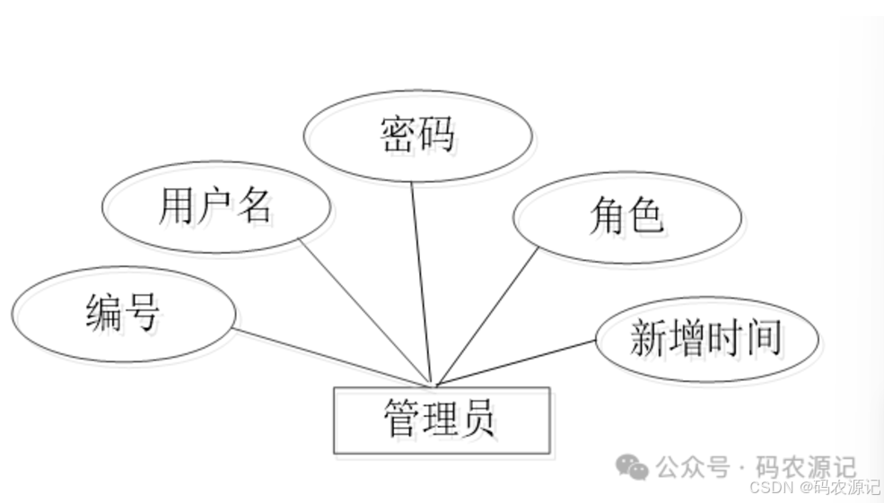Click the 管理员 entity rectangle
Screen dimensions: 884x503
click(x=441, y=420)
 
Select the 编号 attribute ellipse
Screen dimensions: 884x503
click(x=124, y=314)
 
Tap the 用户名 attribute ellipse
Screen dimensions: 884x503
click(x=215, y=207)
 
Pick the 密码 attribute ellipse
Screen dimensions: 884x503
click(x=417, y=135)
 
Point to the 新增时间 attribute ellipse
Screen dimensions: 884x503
click(x=706, y=339)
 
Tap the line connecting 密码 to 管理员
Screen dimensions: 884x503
click(x=422, y=282)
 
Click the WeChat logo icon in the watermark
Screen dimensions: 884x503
click(x=631, y=466)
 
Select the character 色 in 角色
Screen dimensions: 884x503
click(x=644, y=217)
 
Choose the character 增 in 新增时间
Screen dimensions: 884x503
click(x=687, y=340)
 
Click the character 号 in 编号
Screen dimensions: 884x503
click(x=140, y=314)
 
